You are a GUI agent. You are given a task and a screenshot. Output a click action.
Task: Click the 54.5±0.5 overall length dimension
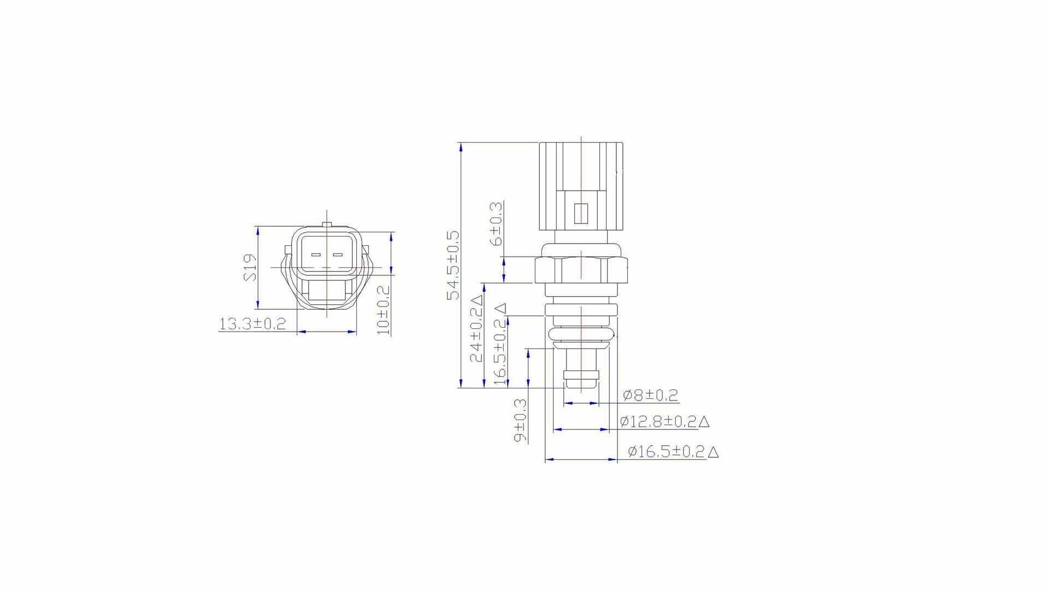(453, 265)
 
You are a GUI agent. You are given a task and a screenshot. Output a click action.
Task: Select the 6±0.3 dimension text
(497, 223)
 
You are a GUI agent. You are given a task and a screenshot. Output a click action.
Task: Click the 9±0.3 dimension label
(521, 420)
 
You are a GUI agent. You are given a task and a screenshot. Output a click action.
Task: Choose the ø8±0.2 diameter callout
(650, 394)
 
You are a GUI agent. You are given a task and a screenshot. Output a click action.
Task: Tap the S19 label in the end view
(250, 267)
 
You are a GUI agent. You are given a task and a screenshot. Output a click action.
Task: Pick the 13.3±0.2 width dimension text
(252, 323)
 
